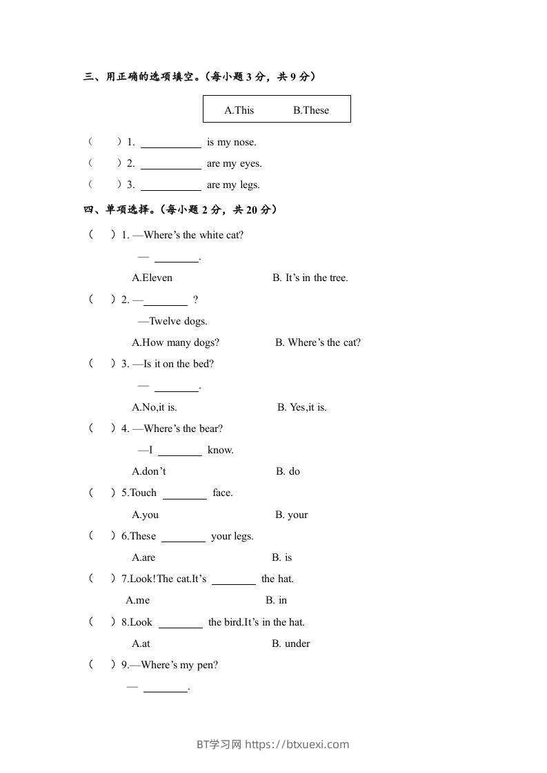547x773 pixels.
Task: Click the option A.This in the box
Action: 239,110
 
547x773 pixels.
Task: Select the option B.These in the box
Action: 311,110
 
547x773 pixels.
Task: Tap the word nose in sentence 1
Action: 244,143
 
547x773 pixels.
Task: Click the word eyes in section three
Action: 250,164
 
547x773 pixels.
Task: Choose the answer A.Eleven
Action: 152,278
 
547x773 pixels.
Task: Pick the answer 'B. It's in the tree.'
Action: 310,278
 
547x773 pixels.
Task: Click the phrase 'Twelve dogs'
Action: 177,321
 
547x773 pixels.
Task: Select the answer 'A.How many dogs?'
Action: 175,342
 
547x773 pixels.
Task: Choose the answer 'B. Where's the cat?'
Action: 317,342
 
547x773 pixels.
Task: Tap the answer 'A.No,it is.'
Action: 154,407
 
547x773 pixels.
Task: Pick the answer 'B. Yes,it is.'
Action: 302,407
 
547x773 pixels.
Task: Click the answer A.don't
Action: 148,472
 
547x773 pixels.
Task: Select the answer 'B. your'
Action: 291,515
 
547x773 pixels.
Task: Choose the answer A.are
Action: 143,558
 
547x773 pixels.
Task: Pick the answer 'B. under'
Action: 290,643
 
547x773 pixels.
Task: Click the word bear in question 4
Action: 210,429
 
